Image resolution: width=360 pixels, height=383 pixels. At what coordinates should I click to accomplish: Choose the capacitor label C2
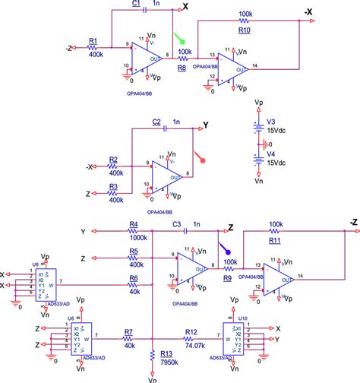click(x=156, y=122)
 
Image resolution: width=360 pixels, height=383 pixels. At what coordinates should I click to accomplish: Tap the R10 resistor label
click(x=245, y=31)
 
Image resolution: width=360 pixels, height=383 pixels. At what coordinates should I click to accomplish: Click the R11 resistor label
click(x=275, y=239)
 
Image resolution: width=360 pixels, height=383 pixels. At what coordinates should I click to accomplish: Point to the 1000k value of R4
click(x=137, y=237)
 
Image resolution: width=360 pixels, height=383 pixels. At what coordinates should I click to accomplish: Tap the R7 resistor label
click(x=128, y=333)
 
